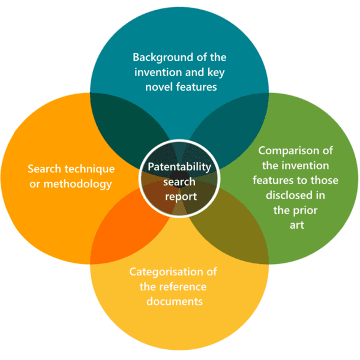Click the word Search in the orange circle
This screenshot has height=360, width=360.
click(44, 169)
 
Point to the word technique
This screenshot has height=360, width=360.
click(89, 169)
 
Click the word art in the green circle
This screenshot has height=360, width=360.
click(297, 225)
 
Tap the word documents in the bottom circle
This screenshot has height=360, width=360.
click(175, 301)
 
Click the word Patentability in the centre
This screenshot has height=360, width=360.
click(179, 167)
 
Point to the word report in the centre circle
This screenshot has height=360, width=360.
click(181, 197)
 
